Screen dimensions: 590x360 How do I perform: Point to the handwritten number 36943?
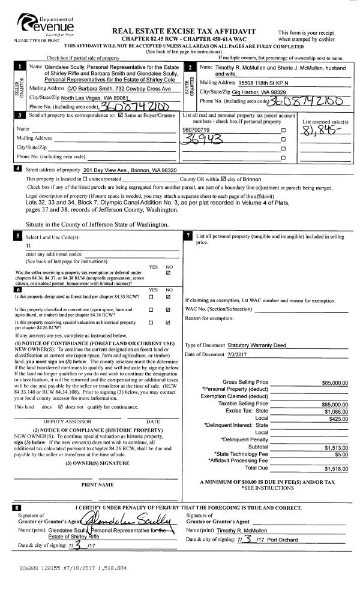point(203,139)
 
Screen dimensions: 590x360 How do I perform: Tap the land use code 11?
point(28,246)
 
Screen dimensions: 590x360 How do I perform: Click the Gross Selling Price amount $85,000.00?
point(334,382)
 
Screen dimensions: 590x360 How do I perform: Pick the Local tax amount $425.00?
point(337,419)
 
